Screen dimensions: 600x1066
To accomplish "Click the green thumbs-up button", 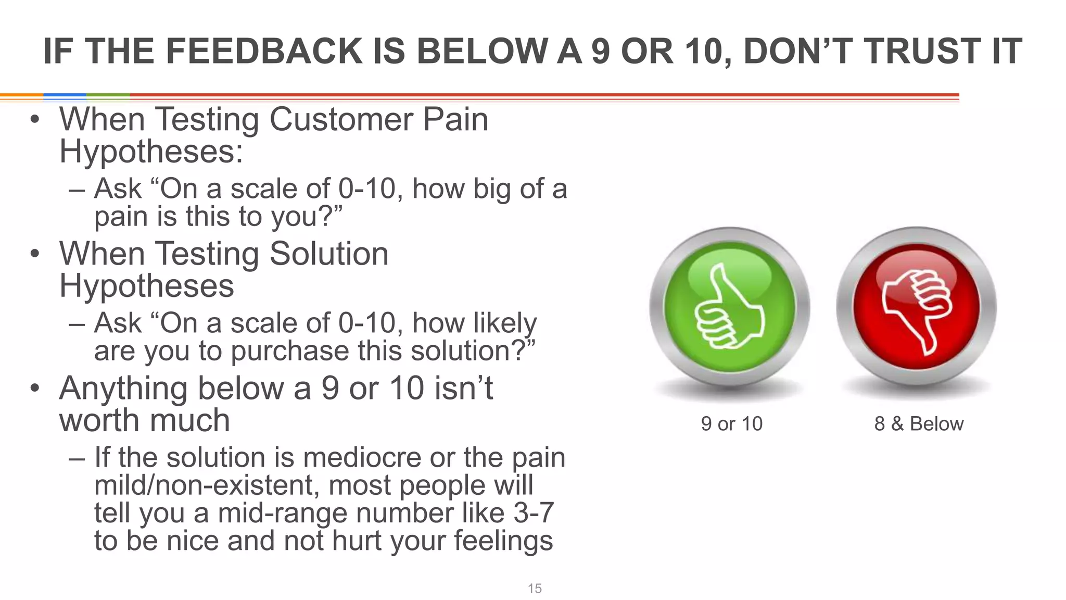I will tap(729, 307).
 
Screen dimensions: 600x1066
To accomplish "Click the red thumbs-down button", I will tap(916, 307).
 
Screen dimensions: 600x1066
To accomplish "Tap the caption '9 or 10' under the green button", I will tap(731, 424).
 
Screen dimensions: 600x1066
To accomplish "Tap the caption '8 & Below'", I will tap(919, 424).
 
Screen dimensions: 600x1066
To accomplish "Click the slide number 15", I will tap(535, 589).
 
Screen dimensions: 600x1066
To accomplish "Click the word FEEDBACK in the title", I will tap(264, 52).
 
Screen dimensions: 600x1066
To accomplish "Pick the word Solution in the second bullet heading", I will tap(329, 254).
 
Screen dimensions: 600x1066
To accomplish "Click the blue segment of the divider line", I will tap(65, 96).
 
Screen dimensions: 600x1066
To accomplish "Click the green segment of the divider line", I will tap(108, 96).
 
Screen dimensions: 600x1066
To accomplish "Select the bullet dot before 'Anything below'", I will tap(34, 388).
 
